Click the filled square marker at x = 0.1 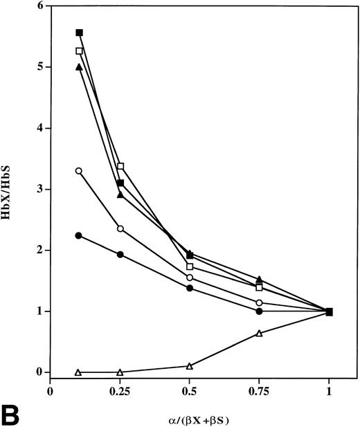[79, 33]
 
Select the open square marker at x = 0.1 [79, 51]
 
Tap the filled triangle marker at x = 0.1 [79, 67]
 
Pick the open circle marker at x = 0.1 [79, 171]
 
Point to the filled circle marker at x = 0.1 [79, 235]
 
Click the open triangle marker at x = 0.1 [78, 372]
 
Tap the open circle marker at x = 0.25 [120, 228]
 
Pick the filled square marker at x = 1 [329, 311]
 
